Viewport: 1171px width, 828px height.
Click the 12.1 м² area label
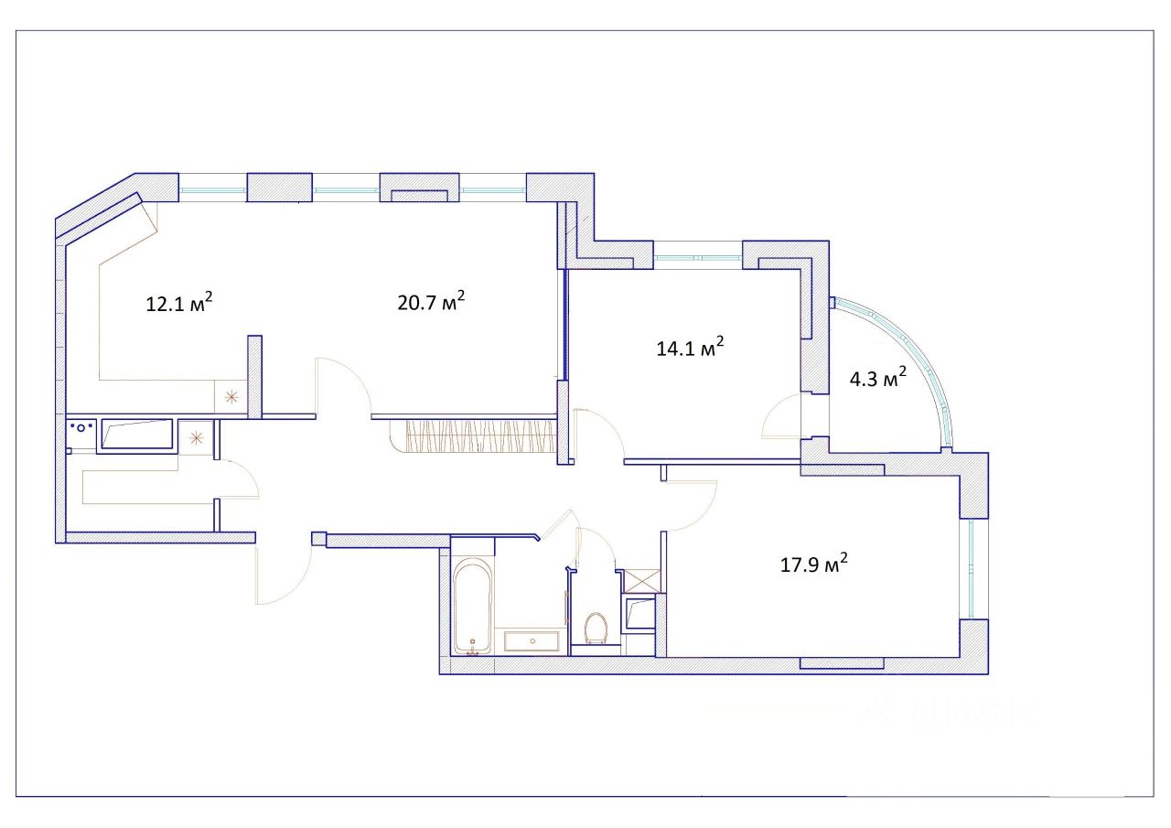point(178,303)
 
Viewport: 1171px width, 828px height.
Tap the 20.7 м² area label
point(431,302)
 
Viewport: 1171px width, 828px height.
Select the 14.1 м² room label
point(690,348)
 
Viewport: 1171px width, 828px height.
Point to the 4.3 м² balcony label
point(878,378)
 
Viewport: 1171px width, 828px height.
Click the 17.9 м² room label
point(814,564)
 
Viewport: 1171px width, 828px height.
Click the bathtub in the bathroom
point(472,607)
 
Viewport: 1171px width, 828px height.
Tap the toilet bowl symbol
point(596,628)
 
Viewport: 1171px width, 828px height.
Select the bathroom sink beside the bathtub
point(532,641)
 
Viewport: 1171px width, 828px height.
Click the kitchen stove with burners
point(81,428)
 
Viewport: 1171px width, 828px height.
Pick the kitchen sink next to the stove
point(137,434)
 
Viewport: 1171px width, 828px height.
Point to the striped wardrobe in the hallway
point(473,436)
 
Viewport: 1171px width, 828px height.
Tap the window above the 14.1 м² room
point(698,257)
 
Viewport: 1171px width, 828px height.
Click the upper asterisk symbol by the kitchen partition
point(231,397)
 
